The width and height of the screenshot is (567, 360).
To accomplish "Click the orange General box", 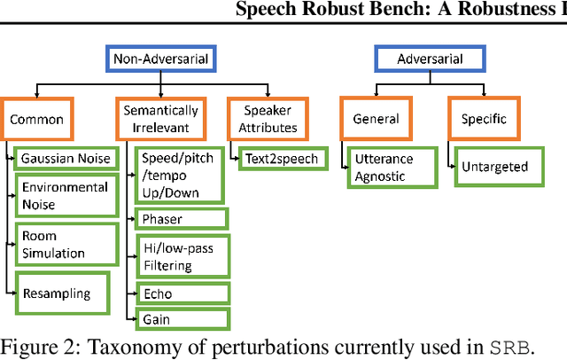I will click(x=376, y=119).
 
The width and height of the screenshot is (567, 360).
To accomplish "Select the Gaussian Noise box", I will click(x=66, y=159).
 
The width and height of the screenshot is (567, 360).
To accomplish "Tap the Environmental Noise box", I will click(x=66, y=196).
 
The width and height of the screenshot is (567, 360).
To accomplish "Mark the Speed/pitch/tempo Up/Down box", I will click(x=180, y=175).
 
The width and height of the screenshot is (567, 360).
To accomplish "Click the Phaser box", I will click(x=181, y=217).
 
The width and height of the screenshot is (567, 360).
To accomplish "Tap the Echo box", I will click(x=181, y=294).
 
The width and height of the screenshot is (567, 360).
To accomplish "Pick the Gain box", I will click(x=181, y=318).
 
